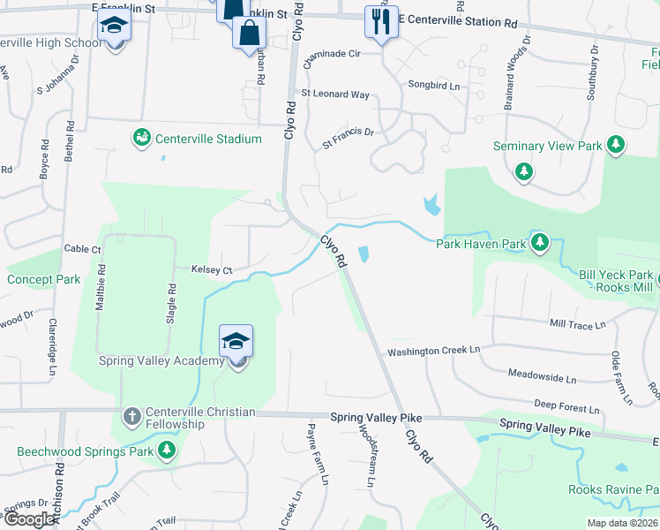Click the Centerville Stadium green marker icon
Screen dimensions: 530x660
coord(141,138)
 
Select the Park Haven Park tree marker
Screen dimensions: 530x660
coord(540,242)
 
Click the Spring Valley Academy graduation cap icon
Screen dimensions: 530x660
coord(236,342)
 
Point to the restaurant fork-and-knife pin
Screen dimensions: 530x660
coord(381,22)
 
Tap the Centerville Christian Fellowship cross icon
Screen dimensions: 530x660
coord(131,413)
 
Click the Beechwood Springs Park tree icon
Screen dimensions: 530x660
coord(166,451)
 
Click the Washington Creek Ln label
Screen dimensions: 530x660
coord(433,351)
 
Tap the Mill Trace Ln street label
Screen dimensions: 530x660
coord(577,325)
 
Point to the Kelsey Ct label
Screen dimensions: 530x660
coord(212,269)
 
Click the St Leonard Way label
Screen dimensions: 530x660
coord(335,94)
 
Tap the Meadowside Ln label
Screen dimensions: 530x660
coord(542,378)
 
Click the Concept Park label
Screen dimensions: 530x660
coord(43,280)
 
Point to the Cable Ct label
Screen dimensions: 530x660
coord(83,249)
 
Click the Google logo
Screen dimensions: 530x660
coord(29,519)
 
